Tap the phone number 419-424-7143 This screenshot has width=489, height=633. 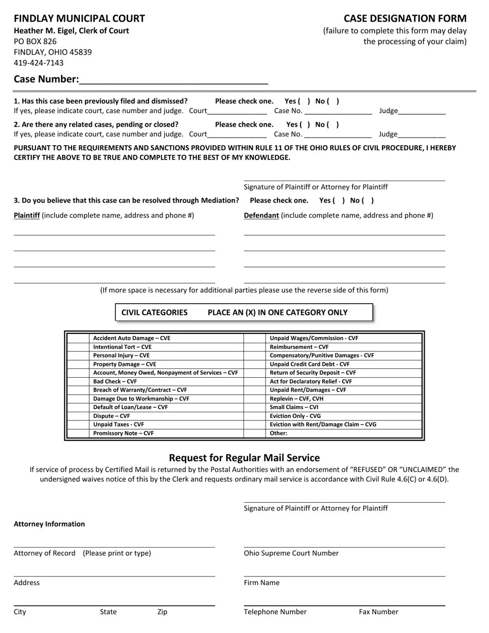click(x=39, y=63)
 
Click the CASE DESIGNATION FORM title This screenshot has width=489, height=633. click(x=405, y=19)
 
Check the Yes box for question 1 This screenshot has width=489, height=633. click(x=304, y=101)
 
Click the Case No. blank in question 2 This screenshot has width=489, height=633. click(x=338, y=134)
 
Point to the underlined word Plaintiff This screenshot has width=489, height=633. click(x=27, y=215)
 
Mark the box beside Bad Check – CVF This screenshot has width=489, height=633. click(x=78, y=381)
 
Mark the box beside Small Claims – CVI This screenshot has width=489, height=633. click(x=255, y=407)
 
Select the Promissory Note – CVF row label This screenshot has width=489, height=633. click(x=123, y=433)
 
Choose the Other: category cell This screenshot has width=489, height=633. click(x=278, y=433)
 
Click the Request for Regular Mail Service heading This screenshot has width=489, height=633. click(x=244, y=458)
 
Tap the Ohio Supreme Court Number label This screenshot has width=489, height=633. click(x=291, y=553)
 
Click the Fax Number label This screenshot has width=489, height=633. click(x=378, y=612)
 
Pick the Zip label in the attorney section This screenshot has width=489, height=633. click(x=162, y=612)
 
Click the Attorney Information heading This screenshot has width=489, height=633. click(x=49, y=524)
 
